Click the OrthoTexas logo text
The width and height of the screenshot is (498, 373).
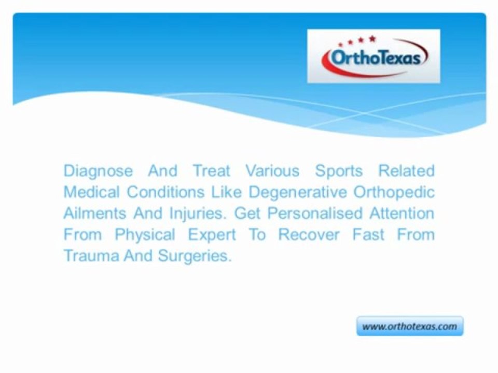(x=376, y=58)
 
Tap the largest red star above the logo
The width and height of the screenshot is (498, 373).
(x=372, y=39)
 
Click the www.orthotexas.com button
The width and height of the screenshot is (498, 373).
(x=410, y=326)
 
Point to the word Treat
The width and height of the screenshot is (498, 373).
(x=212, y=170)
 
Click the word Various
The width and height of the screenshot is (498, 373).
(x=272, y=170)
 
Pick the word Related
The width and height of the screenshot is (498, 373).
(x=406, y=170)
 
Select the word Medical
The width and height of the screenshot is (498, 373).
(x=91, y=192)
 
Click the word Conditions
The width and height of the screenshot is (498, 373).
(x=165, y=192)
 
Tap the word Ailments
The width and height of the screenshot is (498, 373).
(x=94, y=213)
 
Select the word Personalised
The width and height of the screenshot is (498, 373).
(x=315, y=213)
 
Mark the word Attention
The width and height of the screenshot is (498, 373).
(x=402, y=213)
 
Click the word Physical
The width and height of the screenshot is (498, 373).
(x=145, y=235)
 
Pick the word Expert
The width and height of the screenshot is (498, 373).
(x=212, y=235)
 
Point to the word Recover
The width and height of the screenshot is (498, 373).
(x=309, y=234)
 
